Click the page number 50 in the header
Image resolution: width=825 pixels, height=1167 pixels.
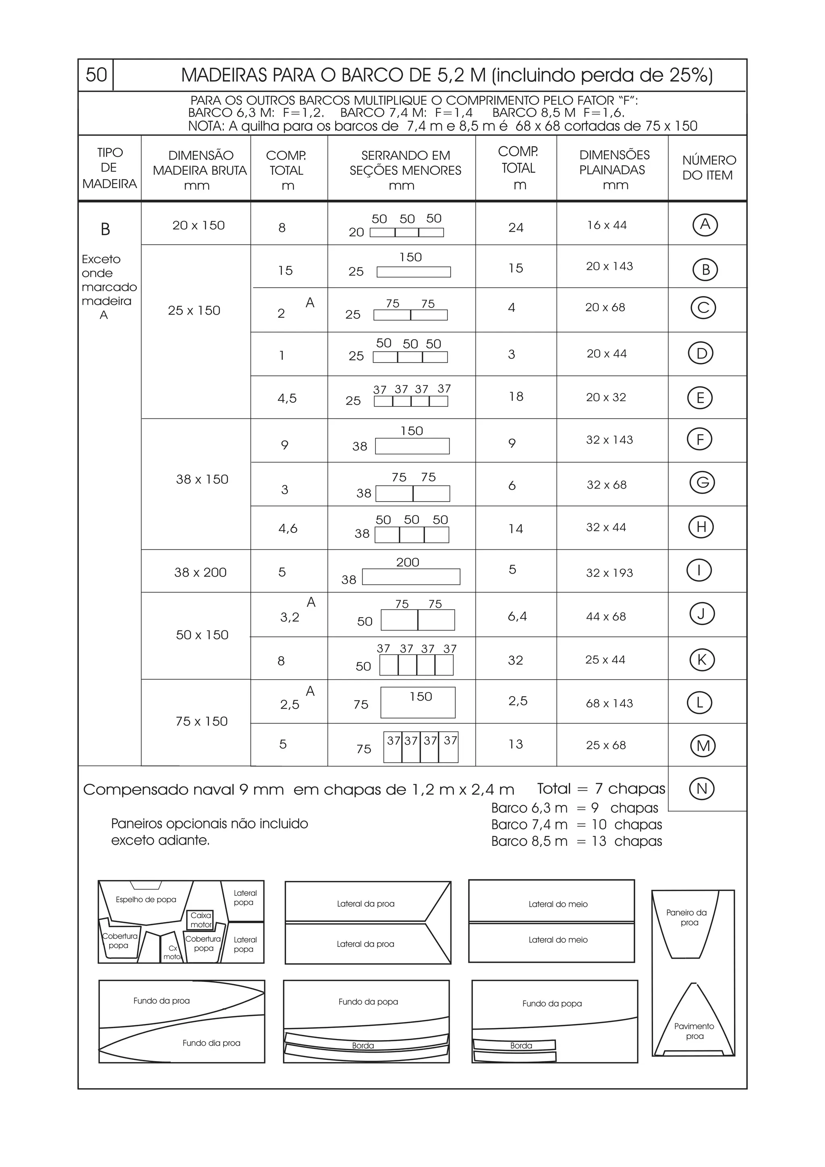(x=96, y=75)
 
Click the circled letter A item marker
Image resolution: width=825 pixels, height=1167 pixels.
(x=705, y=225)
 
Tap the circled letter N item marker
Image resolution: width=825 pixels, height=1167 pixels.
(x=702, y=789)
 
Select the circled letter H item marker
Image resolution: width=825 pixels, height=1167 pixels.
(x=701, y=527)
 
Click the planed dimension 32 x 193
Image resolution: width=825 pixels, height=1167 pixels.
(x=609, y=573)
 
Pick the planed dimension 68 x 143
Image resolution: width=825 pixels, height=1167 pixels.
(x=609, y=703)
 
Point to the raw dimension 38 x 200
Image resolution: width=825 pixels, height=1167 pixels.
(x=200, y=572)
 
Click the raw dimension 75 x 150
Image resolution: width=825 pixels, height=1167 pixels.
(x=201, y=721)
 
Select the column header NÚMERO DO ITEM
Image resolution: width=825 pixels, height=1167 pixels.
(x=708, y=168)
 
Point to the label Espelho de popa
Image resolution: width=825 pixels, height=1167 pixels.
(x=146, y=900)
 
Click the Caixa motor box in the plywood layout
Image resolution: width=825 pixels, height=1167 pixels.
(x=201, y=920)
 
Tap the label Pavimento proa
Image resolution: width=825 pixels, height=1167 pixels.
(x=694, y=1031)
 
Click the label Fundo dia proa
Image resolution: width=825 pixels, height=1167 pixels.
(x=211, y=1043)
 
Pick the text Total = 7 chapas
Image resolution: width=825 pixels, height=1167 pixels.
(x=601, y=789)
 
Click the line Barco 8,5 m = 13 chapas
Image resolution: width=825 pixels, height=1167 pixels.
(x=576, y=841)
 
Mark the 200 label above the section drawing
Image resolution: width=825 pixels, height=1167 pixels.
(x=408, y=562)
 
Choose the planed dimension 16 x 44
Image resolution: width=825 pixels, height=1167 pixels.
(x=607, y=225)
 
